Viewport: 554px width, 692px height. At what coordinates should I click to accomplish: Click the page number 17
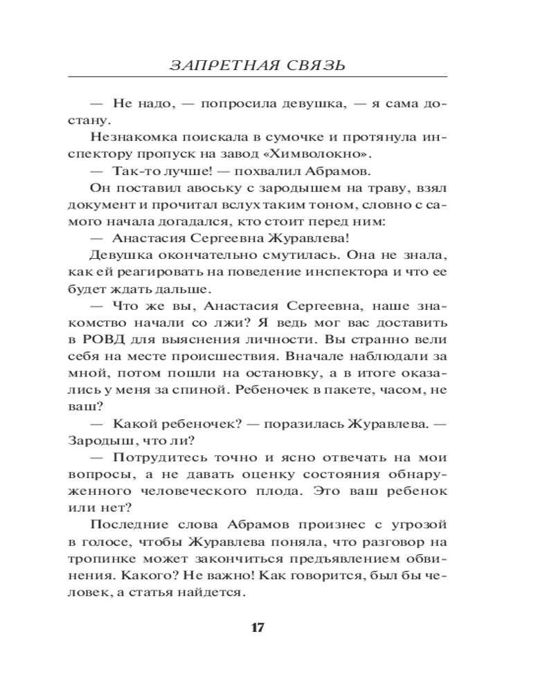(257, 628)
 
